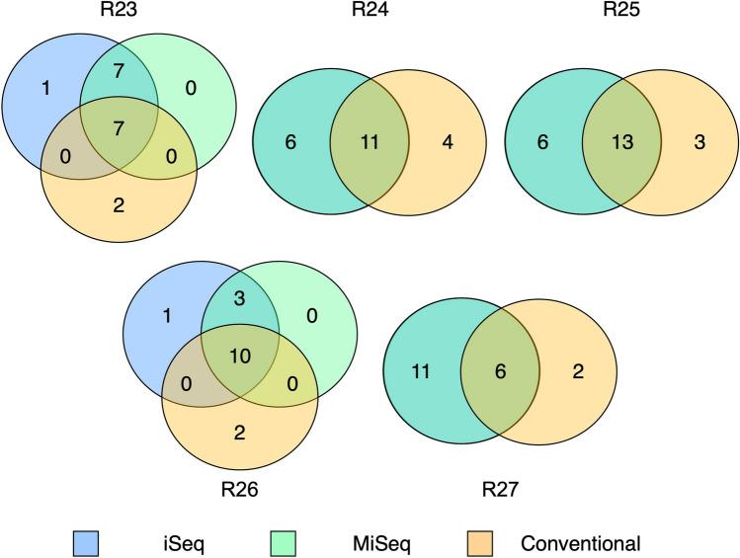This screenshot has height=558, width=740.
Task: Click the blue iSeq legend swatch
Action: click(85, 543)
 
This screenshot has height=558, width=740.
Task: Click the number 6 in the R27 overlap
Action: click(499, 371)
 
